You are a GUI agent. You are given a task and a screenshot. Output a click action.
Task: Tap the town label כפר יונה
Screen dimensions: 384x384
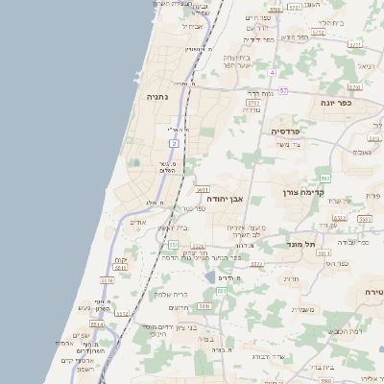click(x=336, y=102)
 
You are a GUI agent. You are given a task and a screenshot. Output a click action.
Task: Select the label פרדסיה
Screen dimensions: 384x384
click(x=286, y=131)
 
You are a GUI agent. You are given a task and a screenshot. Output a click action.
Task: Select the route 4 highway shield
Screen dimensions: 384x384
click(x=273, y=73)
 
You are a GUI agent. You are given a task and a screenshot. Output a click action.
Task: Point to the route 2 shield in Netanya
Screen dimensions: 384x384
click(x=175, y=143)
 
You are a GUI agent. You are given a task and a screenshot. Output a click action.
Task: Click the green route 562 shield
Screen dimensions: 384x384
click(x=325, y=179)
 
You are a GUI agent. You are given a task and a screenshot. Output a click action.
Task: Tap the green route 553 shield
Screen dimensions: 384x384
click(x=173, y=245)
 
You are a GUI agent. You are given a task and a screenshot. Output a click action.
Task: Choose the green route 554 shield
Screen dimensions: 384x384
click(x=222, y=291)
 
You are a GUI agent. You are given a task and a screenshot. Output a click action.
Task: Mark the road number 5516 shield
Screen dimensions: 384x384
click(x=107, y=280)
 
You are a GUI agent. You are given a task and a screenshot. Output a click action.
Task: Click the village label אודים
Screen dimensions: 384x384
click(x=138, y=223)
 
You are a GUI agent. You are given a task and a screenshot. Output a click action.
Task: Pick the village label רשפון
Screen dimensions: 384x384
click(x=84, y=370)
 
